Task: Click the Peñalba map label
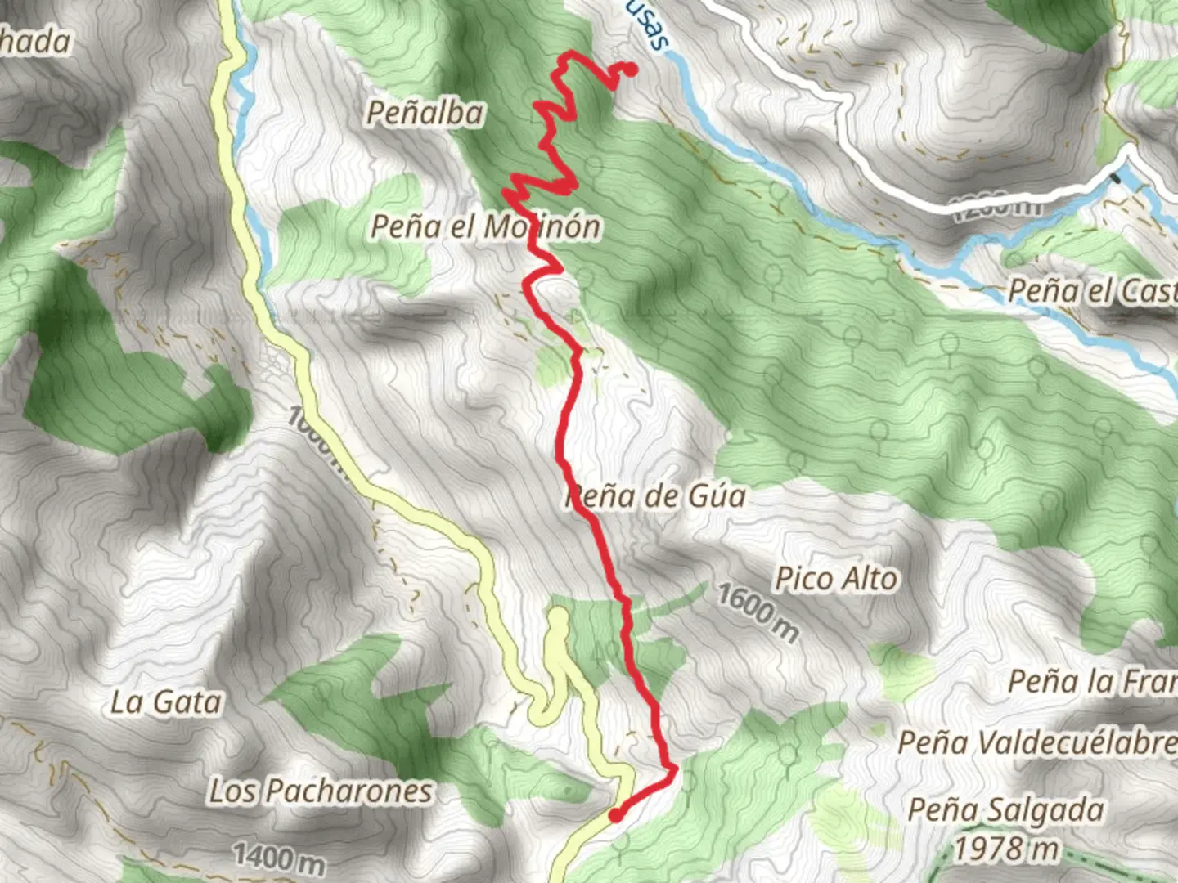pyautogui.click(x=424, y=113)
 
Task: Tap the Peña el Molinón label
pyautogui.click(x=486, y=226)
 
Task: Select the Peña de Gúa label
pyautogui.click(x=656, y=495)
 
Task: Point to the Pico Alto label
pyautogui.click(x=836, y=579)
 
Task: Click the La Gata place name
pyautogui.click(x=166, y=701)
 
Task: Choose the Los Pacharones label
pyautogui.click(x=321, y=791)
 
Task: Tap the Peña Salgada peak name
pyautogui.click(x=1006, y=809)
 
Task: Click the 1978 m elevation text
pyautogui.click(x=1006, y=849)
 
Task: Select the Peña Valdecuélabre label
pyautogui.click(x=1037, y=742)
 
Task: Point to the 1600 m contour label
pyautogui.click(x=758, y=612)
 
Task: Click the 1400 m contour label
pyautogui.click(x=279, y=857)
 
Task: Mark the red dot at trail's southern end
pyautogui.click(x=615, y=814)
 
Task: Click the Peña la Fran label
pyautogui.click(x=1092, y=680)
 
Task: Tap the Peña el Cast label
pyautogui.click(x=1092, y=290)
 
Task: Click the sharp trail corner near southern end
pyautogui.click(x=674, y=769)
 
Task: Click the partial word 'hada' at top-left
pyautogui.click(x=34, y=41)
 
